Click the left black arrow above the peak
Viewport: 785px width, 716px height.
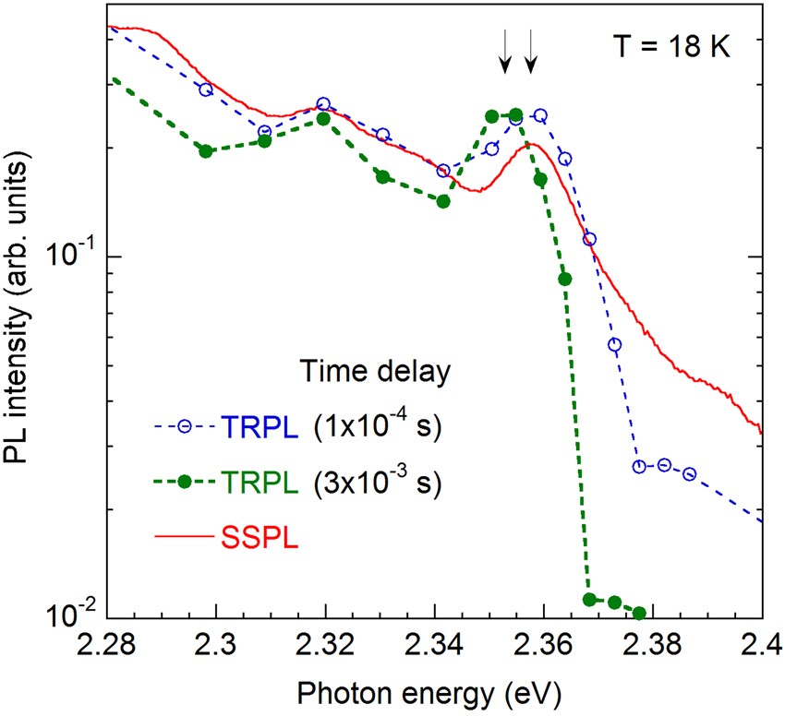[x=504, y=52]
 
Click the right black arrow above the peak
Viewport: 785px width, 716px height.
[x=530, y=52]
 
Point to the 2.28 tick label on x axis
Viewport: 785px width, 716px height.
[x=107, y=642]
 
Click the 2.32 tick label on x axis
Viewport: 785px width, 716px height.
[x=325, y=642]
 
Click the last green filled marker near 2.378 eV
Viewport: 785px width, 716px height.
[x=639, y=613]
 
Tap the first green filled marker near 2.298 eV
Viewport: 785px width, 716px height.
[x=206, y=150]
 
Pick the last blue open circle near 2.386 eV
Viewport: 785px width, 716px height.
[x=689, y=473]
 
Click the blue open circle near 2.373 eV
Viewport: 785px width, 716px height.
[x=614, y=345]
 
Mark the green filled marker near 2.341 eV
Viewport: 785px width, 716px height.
[x=443, y=201]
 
